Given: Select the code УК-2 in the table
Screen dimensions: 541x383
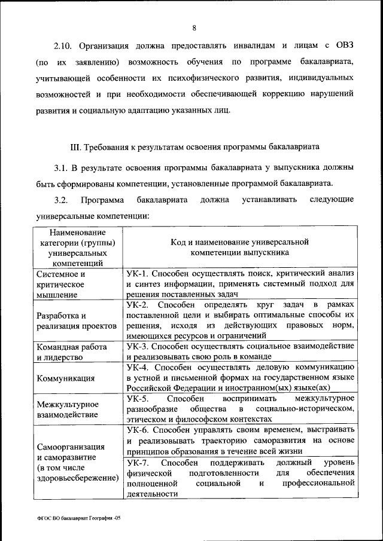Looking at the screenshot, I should click(x=138, y=305).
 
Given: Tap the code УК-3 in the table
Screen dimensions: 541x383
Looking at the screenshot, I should click(x=138, y=346).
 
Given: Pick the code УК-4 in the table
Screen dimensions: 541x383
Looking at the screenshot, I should click(x=138, y=367).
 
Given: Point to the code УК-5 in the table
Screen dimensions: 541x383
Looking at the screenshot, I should click(x=138, y=398).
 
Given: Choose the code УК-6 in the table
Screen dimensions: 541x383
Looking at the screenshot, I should click(x=138, y=430).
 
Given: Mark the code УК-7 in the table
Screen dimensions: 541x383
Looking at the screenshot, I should click(x=138, y=463).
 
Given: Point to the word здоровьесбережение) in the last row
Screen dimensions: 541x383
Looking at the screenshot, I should click(x=76, y=478).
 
